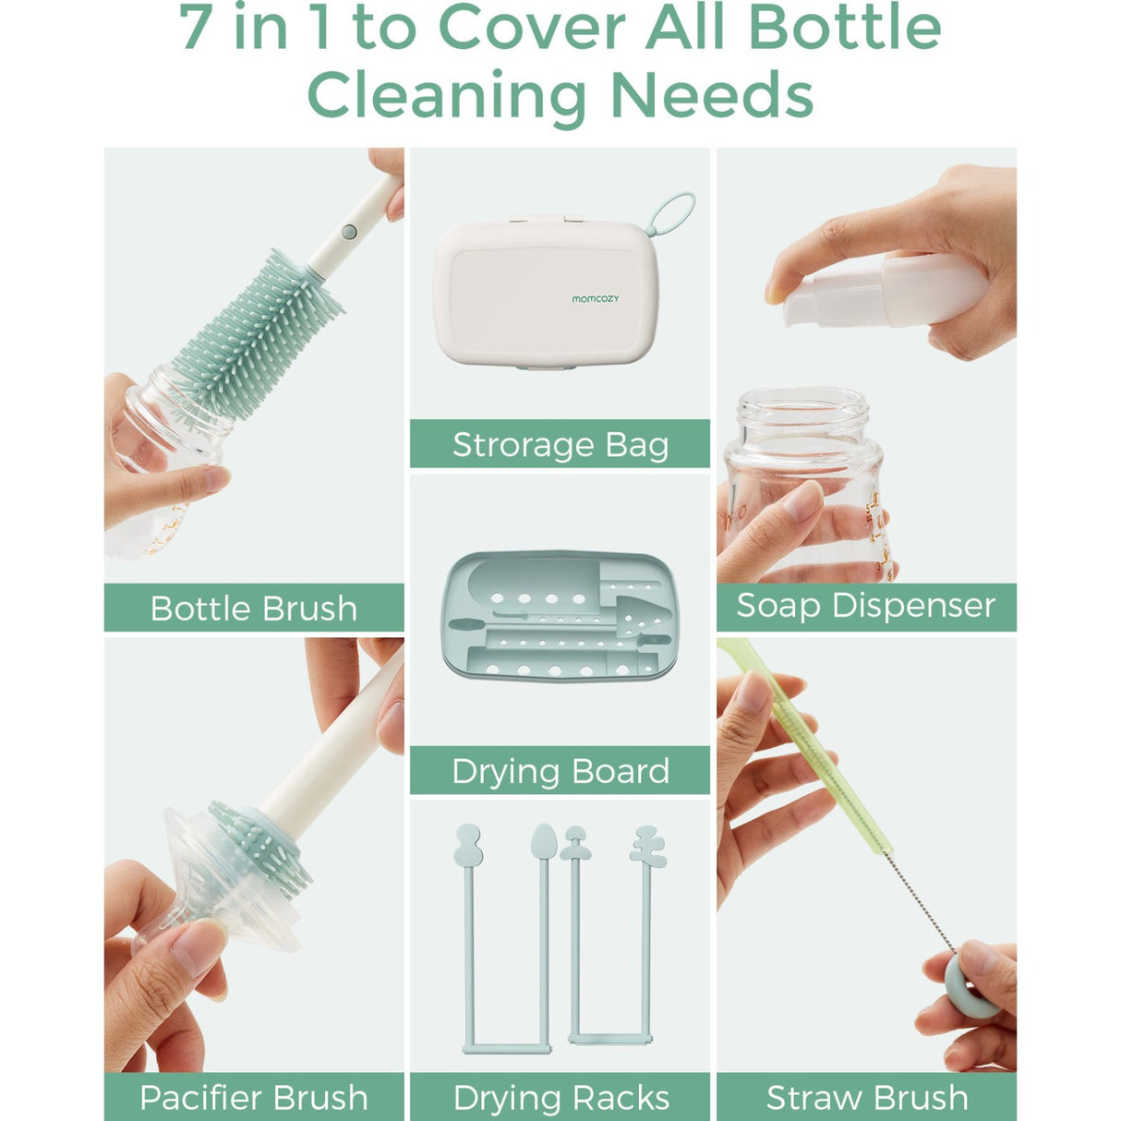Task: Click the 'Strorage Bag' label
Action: pyautogui.click(x=560, y=444)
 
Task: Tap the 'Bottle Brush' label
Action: pyautogui.click(x=253, y=609)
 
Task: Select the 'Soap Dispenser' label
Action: pyautogui.click(x=865, y=606)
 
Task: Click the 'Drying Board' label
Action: pyautogui.click(x=560, y=771)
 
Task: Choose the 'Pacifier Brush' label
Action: pyautogui.click(x=253, y=1097)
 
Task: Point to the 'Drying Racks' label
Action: pyautogui.click(x=560, y=1097)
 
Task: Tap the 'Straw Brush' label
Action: pyautogui.click(x=866, y=1097)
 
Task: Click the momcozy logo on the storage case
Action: pyautogui.click(x=595, y=299)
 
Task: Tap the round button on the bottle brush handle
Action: pyautogui.click(x=349, y=232)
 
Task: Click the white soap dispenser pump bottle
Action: pyautogui.click(x=886, y=291)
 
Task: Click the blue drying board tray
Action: pyautogui.click(x=560, y=617)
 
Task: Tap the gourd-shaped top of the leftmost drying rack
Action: pyautogui.click(x=468, y=846)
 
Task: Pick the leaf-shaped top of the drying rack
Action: pyautogui.click(x=544, y=842)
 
